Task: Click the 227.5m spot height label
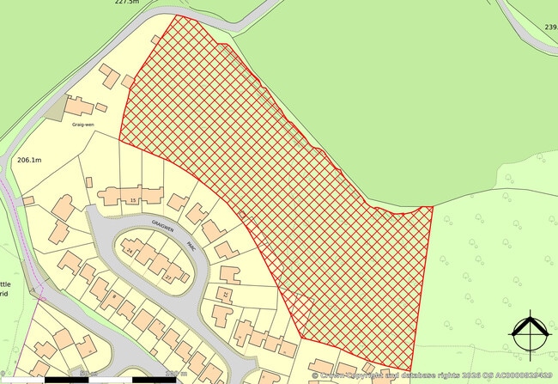[126, 3]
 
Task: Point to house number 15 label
[132, 200]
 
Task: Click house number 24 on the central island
[130, 253]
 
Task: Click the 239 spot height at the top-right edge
[550, 27]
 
